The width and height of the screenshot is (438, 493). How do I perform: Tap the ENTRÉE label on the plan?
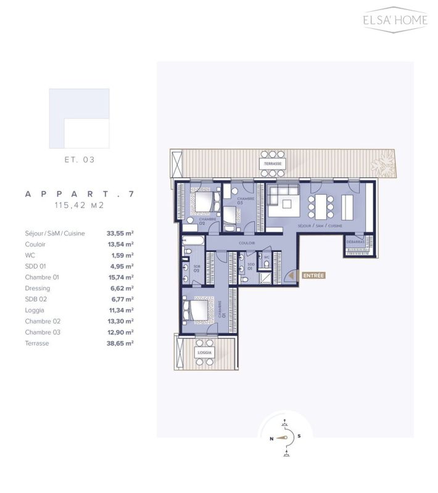point(313,275)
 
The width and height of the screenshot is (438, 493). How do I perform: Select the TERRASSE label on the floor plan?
point(271,164)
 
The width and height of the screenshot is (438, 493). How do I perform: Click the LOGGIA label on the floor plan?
point(204,352)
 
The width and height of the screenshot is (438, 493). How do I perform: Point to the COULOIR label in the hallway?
point(247,243)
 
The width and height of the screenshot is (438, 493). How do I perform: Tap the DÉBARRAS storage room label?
point(355,242)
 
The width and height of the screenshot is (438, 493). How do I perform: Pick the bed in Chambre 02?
point(204,200)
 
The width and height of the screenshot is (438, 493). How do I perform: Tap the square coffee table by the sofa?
point(287,203)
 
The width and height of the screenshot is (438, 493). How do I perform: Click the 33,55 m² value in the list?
point(122,234)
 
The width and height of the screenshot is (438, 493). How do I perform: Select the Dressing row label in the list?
point(38,288)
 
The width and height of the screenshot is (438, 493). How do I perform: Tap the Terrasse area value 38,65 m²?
point(122,343)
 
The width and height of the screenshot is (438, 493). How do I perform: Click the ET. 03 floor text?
point(80,160)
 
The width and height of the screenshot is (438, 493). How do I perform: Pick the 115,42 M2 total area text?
point(80,204)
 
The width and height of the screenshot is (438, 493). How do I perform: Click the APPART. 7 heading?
point(80,194)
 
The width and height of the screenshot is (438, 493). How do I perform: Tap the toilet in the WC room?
point(266,264)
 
